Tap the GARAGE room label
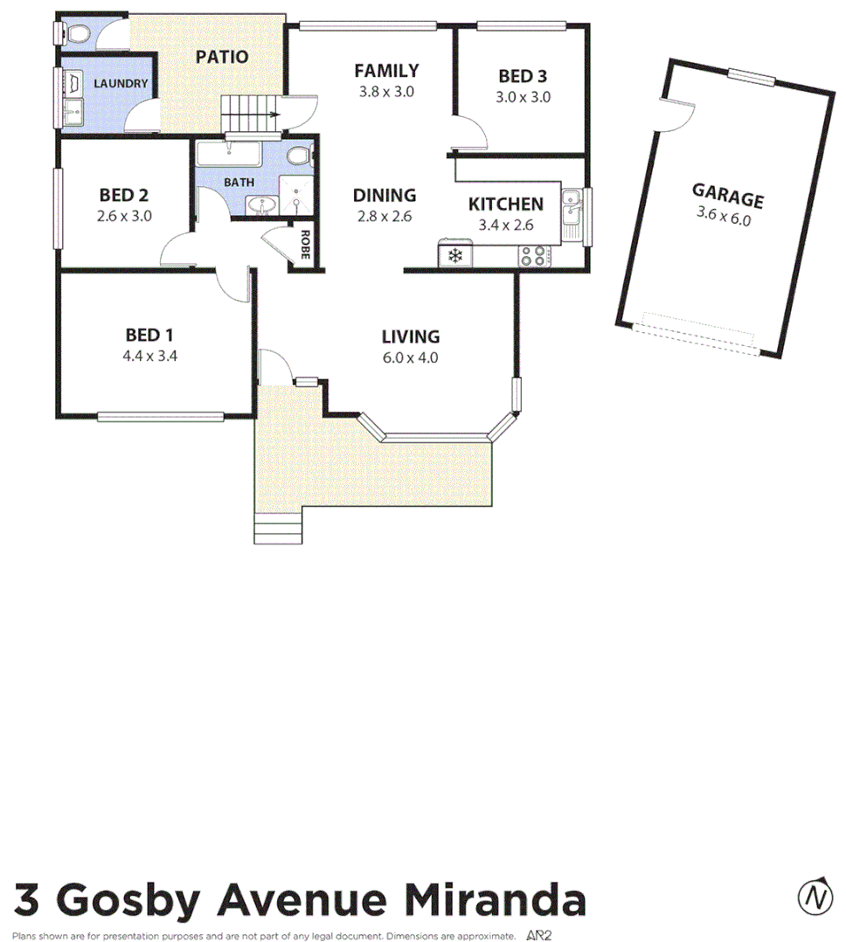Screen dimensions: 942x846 click(727, 196)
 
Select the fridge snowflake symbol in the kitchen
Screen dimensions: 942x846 click(454, 255)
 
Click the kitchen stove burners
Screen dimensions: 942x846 click(535, 255)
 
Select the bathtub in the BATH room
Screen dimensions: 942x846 click(229, 156)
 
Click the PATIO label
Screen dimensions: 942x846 click(221, 58)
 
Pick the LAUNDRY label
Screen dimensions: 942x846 click(121, 85)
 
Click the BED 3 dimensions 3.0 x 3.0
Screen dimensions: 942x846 click(524, 97)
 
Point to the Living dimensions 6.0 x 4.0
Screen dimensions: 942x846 click(410, 357)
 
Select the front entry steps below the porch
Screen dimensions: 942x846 click(278, 527)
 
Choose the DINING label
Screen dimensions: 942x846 click(384, 196)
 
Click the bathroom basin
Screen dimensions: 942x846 click(260, 205)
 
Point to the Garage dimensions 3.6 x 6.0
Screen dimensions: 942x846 click(723, 216)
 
